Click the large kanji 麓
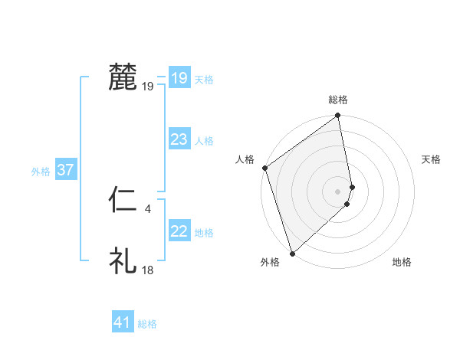123,77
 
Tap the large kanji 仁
123,201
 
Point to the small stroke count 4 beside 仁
147,207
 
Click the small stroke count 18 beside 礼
147,270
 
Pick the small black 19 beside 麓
147,86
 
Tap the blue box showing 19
179,78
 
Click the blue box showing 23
179,139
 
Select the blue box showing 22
179,231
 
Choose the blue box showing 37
65,170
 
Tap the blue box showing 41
122,322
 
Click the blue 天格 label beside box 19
204,80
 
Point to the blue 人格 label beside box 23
204,141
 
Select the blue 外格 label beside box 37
41,172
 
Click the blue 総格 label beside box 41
147,324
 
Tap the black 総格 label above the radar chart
338,100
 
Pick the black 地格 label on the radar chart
402,263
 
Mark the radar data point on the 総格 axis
338,116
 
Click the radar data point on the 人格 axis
264,168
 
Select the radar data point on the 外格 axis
292,254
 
